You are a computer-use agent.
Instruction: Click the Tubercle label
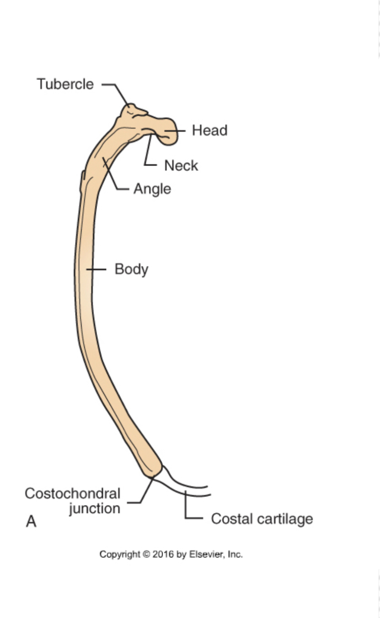[x=65, y=84]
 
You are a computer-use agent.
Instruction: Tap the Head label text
[x=209, y=130]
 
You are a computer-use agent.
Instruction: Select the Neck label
[x=181, y=166]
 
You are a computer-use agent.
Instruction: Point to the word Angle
[x=152, y=189]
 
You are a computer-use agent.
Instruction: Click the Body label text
[x=131, y=269]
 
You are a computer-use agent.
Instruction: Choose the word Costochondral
[x=72, y=493]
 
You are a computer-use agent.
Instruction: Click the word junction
[x=94, y=508]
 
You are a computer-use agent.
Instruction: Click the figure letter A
[x=31, y=522]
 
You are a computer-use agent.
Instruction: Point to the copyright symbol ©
[x=146, y=555]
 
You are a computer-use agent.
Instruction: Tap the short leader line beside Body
[x=96, y=269]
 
